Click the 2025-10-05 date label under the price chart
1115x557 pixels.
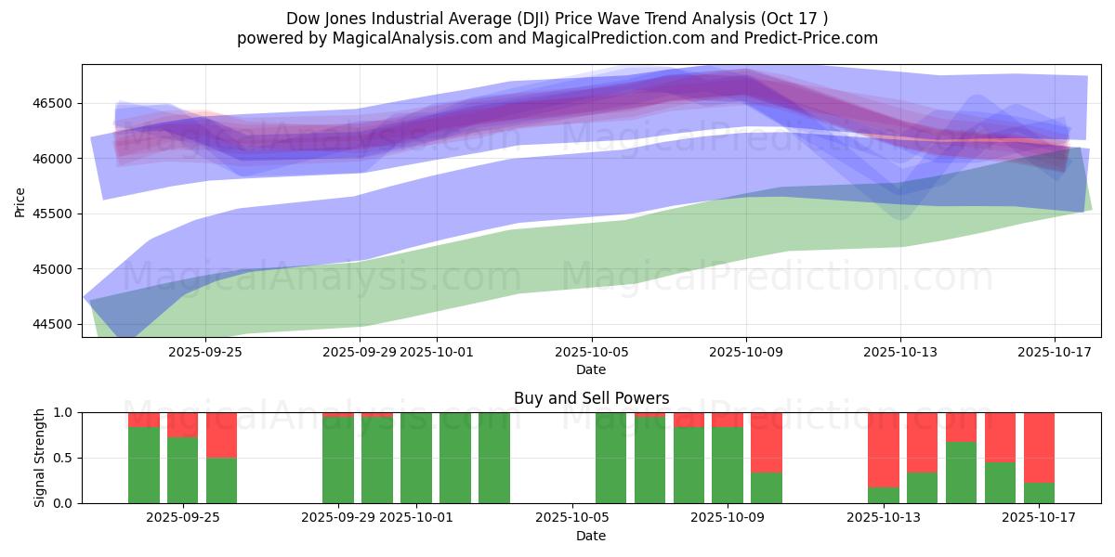coord(591,352)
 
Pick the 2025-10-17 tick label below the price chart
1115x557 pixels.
coord(1054,352)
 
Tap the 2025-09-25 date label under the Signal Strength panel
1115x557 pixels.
coord(182,517)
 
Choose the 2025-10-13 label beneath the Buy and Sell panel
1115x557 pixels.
coord(899,517)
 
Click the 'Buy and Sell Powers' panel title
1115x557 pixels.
coord(591,398)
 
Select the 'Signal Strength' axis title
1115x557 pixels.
coord(39,458)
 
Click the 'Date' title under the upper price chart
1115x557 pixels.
coord(591,369)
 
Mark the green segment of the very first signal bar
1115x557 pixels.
coord(143,464)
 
